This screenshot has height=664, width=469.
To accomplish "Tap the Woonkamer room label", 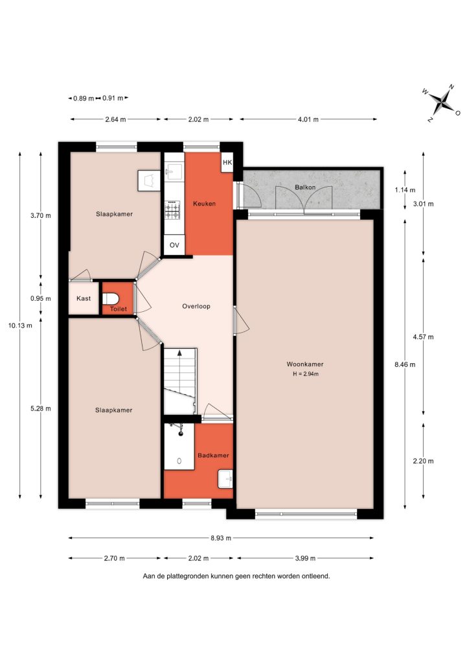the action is pos(305,364).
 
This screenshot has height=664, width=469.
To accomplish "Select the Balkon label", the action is pos(305,187).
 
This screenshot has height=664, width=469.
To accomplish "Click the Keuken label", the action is pos(204,204).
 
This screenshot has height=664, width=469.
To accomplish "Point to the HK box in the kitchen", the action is pos(227,162).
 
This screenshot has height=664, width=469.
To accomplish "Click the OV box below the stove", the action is pos(174,245).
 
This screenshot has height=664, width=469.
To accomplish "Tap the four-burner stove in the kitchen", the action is pos(172,209).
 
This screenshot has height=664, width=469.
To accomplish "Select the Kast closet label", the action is pos(84,298).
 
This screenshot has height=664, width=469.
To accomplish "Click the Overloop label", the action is pos(196,306).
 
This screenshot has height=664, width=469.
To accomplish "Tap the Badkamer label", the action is pos(214,456).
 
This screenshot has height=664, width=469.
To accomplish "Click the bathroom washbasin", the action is pos(225,479).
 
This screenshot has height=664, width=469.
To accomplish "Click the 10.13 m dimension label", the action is pos(20,326).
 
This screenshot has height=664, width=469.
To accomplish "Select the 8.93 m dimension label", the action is pos(221,538).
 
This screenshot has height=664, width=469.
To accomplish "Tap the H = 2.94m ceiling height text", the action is pos(306,374).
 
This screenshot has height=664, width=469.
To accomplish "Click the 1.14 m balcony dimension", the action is pos(405,190).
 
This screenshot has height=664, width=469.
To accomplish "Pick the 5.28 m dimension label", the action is pos(41,409).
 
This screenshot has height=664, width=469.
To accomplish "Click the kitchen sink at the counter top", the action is pos(174,171).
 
